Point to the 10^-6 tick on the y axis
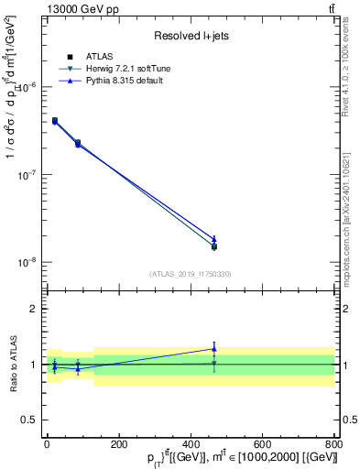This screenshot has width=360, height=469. pyautogui.click(x=27, y=87)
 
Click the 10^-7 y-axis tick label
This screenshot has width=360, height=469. pyautogui.click(x=27, y=174)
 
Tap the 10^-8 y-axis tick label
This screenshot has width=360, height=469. pyautogui.click(x=27, y=262)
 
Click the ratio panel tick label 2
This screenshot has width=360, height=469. pyautogui.click(x=34, y=309)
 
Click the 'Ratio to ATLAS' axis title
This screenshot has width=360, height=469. pyautogui.click(x=12, y=364)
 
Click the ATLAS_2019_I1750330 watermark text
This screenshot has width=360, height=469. pyautogui.click(x=190, y=274)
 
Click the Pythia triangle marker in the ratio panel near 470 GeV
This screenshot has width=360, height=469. pyautogui.click(x=213, y=349)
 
